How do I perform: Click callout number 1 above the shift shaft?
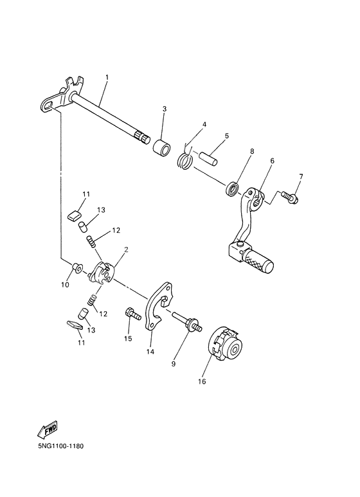tap(107, 78)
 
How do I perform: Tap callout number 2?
tap(125, 249)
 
